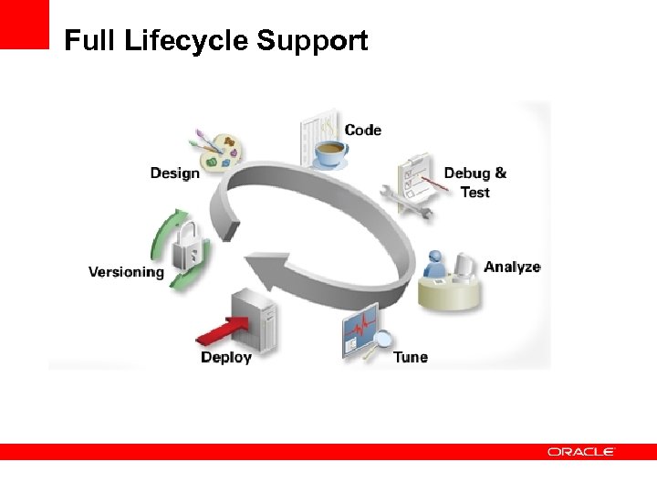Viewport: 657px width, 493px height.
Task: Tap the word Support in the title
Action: coord(312,41)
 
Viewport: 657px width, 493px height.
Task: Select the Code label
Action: coord(362,130)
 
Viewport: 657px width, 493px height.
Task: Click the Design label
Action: coord(174,173)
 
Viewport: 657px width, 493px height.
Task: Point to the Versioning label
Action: coord(126,271)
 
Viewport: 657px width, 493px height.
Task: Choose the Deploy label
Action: coord(225,357)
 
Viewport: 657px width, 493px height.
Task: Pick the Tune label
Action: coord(410,357)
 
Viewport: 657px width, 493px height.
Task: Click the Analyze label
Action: coord(512,267)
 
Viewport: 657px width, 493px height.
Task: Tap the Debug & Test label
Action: coord(474,182)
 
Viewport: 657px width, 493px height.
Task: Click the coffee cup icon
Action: coord(329,152)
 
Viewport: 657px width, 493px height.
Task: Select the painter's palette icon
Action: coord(218,152)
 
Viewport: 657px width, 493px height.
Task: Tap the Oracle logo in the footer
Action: coord(581,452)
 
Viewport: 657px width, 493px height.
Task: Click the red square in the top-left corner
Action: coord(24,24)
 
